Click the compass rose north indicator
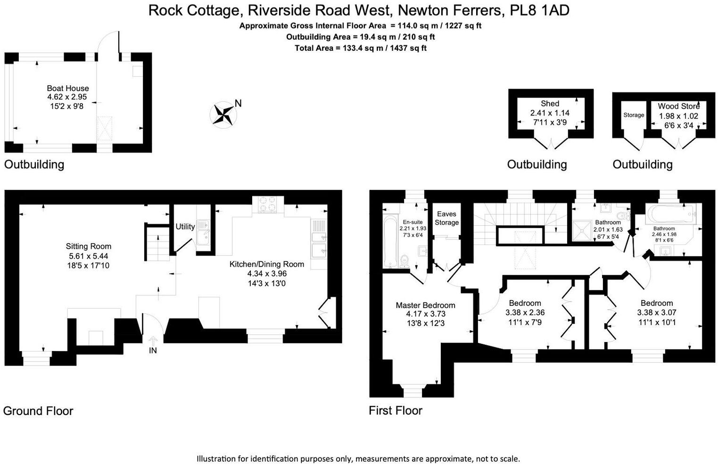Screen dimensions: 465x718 coord(223,114)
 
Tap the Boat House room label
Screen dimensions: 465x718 coord(67,88)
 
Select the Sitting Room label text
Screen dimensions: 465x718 coord(89,246)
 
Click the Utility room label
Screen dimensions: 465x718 coord(185,227)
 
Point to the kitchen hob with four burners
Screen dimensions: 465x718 coord(267,204)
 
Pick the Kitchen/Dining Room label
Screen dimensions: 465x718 coord(266,264)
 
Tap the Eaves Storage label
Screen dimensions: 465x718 coord(446,218)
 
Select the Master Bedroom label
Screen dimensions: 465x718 coord(425,305)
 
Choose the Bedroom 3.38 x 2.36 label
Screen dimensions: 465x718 coord(525,303)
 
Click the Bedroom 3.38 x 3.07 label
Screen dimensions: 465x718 coord(656,303)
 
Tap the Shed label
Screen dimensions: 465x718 coord(550,104)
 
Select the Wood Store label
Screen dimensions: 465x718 coord(678,106)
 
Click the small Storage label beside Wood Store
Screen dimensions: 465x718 coord(633,115)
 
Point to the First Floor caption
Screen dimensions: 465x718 coord(395,410)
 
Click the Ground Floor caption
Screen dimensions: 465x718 coord(38,411)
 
